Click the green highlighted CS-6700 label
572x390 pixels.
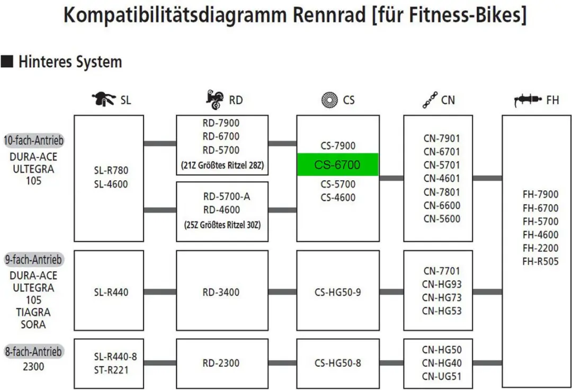(338, 165)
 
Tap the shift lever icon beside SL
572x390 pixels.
(103, 99)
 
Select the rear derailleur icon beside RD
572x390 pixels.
(215, 100)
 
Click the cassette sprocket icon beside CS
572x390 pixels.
(329, 100)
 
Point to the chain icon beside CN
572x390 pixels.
(430, 100)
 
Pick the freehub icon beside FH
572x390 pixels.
(528, 100)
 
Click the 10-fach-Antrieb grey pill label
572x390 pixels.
(33, 140)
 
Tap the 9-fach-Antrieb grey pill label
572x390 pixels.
(33, 260)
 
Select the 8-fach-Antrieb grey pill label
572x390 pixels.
(33, 352)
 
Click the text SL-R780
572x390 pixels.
(111, 171)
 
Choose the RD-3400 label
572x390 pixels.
(221, 292)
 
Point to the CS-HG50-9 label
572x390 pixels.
(338, 292)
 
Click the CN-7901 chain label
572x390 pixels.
(441, 139)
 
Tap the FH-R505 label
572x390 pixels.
(540, 261)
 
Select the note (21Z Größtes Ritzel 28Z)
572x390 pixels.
(222, 165)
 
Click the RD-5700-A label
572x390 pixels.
(227, 197)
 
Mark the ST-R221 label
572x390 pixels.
(111, 370)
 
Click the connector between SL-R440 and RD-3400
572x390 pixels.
(160, 292)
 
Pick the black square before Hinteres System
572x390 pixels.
(7, 61)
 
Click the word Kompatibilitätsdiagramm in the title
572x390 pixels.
(175, 15)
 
